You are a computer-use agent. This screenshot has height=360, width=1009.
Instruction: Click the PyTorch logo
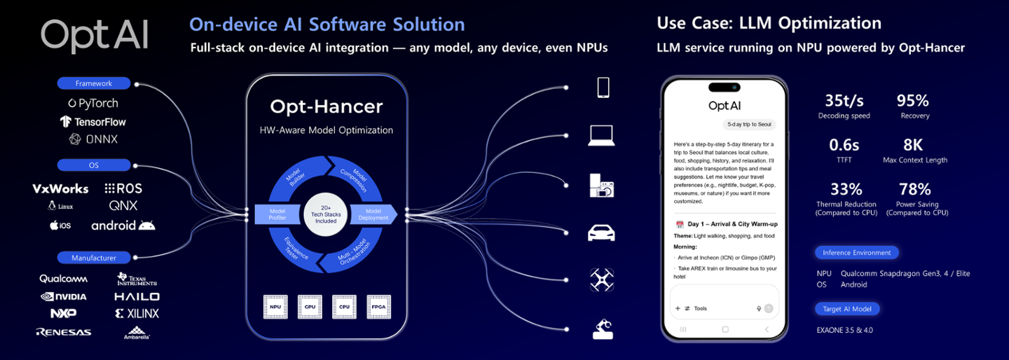click(x=93, y=103)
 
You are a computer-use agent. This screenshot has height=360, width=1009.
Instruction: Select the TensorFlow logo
click(x=93, y=121)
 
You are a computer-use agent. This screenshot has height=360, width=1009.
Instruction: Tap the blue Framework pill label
click(x=94, y=83)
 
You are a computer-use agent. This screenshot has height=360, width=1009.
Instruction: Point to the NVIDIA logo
click(x=64, y=296)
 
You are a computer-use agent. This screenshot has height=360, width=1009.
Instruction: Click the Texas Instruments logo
click(x=137, y=279)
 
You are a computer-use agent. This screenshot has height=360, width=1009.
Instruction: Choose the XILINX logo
click(x=137, y=313)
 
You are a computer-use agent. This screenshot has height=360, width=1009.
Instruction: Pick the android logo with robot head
click(x=123, y=226)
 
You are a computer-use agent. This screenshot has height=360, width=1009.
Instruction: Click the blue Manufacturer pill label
click(x=94, y=258)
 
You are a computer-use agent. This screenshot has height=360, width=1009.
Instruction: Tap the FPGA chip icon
click(x=378, y=307)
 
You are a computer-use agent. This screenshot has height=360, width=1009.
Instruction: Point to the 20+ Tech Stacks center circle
click(x=325, y=214)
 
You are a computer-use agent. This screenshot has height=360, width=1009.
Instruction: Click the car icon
click(x=602, y=233)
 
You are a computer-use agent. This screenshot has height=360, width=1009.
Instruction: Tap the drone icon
click(x=602, y=280)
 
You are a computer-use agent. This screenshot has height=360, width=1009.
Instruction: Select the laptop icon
click(x=601, y=135)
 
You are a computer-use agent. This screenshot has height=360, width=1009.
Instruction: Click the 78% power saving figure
click(x=914, y=189)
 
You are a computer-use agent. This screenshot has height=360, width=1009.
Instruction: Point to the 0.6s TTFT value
click(x=844, y=145)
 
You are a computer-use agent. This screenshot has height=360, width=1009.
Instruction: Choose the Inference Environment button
click(x=856, y=253)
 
